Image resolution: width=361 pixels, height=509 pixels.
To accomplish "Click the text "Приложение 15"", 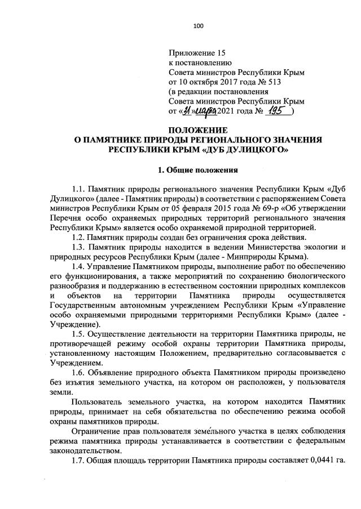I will coord(197,53).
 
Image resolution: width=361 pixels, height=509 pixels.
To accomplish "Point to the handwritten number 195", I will coord(280,111).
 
